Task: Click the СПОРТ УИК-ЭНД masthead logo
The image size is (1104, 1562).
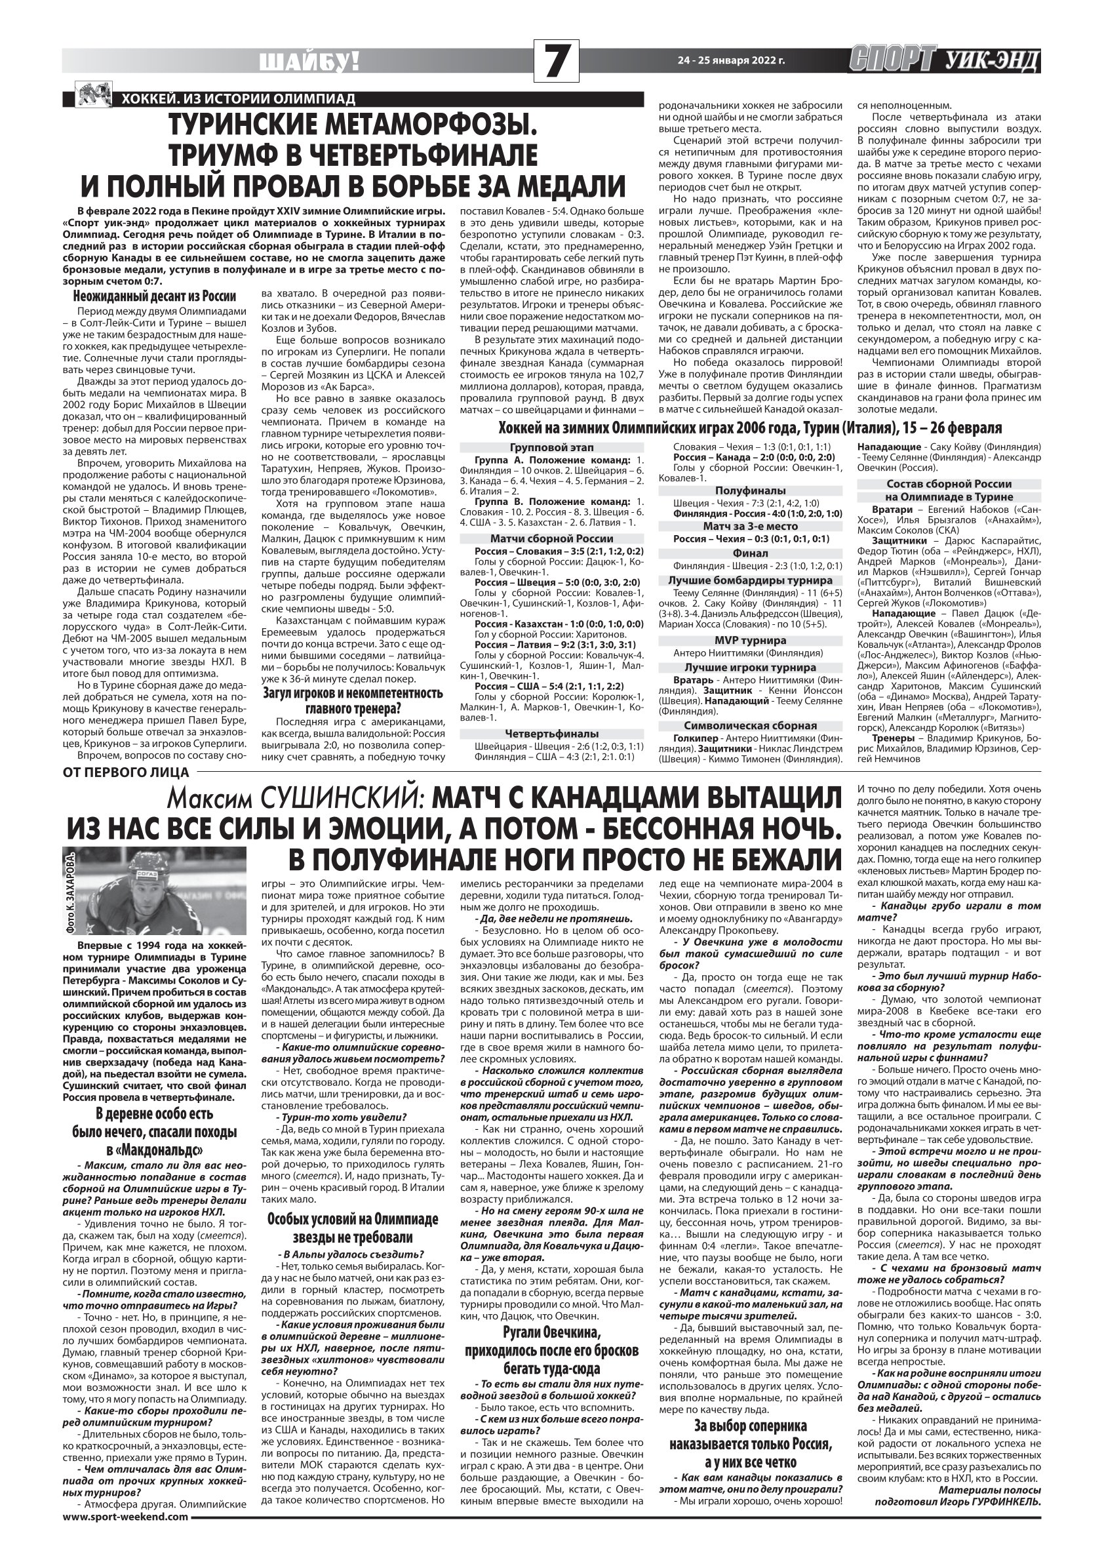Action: [x=944, y=61]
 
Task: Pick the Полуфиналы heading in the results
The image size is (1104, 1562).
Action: [x=750, y=490]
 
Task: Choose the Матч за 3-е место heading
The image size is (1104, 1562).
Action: [x=750, y=526]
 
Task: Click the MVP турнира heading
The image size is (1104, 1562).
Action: [x=750, y=640]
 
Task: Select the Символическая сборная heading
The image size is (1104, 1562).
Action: [x=750, y=725]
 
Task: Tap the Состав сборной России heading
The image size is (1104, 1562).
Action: [x=948, y=484]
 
